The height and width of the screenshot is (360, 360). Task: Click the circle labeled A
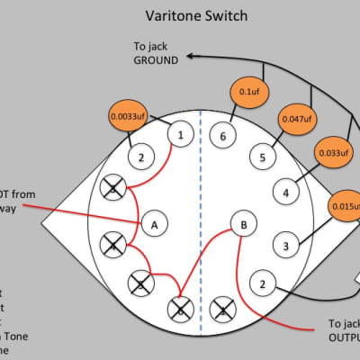click(x=154, y=222)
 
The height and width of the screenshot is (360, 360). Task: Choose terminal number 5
click(x=262, y=158)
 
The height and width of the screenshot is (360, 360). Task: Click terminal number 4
click(x=285, y=193)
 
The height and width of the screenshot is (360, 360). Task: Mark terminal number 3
click(x=285, y=245)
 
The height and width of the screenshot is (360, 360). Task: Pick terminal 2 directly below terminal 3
click(x=262, y=283)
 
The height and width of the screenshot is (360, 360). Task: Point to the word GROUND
click(x=158, y=60)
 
